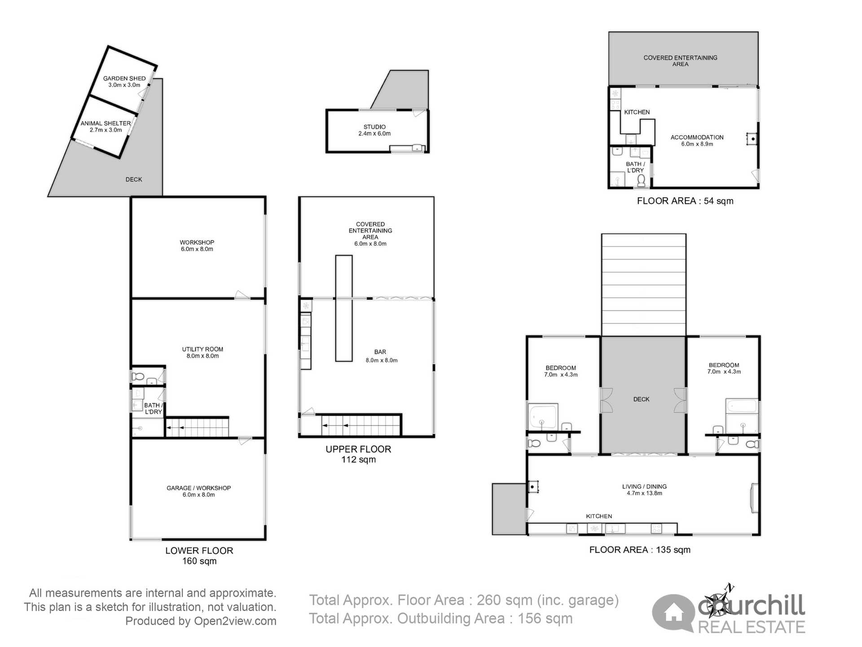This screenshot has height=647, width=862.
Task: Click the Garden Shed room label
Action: click(124, 81)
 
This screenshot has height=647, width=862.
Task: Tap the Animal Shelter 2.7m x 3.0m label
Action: click(106, 126)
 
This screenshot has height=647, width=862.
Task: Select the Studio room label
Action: click(374, 130)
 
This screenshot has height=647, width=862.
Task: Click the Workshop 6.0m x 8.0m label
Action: click(197, 245)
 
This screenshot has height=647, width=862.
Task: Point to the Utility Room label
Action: click(202, 352)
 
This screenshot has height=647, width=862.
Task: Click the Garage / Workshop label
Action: click(198, 491)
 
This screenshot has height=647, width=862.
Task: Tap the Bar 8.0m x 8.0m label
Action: click(381, 356)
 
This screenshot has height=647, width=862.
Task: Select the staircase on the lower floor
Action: click(198, 427)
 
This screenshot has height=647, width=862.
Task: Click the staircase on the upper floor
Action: click(361, 425)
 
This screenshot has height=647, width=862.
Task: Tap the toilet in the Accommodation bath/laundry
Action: click(641, 181)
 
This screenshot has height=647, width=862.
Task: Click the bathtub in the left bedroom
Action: click(543, 417)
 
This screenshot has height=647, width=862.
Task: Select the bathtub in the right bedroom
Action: click(741, 407)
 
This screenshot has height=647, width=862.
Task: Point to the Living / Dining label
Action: click(644, 490)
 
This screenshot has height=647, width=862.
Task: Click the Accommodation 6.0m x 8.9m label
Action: click(697, 140)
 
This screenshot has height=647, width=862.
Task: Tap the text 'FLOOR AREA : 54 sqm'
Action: click(685, 201)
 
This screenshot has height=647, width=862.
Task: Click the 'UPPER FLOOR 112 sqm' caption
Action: click(358, 454)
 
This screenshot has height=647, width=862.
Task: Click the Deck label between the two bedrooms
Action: click(641, 399)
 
